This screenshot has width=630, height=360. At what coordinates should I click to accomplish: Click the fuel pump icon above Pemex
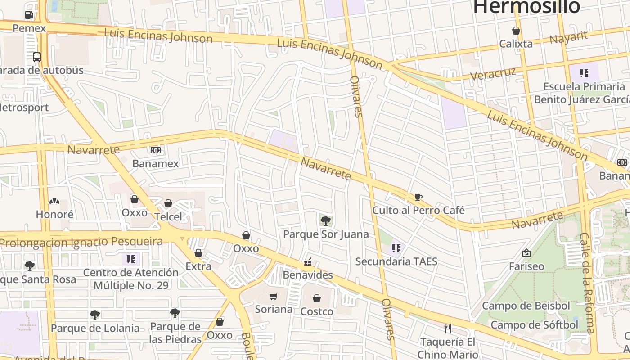pyautogui.click(x=29, y=15)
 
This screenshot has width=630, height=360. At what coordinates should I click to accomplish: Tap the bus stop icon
pyautogui.click(x=37, y=57)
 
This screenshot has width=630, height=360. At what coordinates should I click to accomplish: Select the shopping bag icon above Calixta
pyautogui.click(x=516, y=31)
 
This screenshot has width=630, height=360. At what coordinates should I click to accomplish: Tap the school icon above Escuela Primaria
pyautogui.click(x=584, y=73)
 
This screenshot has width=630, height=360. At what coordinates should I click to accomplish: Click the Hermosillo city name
pyautogui.click(x=526, y=7)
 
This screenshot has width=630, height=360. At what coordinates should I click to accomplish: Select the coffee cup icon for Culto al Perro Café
pyautogui.click(x=418, y=197)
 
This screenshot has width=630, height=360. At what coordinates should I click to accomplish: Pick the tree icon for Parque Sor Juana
pyautogui.click(x=326, y=220)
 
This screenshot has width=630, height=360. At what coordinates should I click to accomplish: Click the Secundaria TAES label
pyautogui.click(x=396, y=261)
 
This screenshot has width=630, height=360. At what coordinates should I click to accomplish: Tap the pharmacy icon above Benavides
pyautogui.click(x=308, y=261)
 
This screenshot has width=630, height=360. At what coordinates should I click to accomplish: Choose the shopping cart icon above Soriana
pyautogui.click(x=273, y=296)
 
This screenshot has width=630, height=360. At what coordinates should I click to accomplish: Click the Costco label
pyautogui.click(x=317, y=311)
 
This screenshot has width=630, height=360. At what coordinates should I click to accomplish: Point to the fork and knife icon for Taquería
pyautogui.click(x=447, y=328)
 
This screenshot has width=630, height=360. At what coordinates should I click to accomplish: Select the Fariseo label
pyautogui.click(x=526, y=266)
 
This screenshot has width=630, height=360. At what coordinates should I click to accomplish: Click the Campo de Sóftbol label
pyautogui.click(x=534, y=325)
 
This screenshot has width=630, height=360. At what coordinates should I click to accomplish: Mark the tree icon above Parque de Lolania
pyautogui.click(x=95, y=315)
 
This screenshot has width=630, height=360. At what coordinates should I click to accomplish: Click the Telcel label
pyautogui.click(x=168, y=217)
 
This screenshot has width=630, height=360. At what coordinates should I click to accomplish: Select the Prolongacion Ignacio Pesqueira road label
pyautogui.click(x=81, y=242)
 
